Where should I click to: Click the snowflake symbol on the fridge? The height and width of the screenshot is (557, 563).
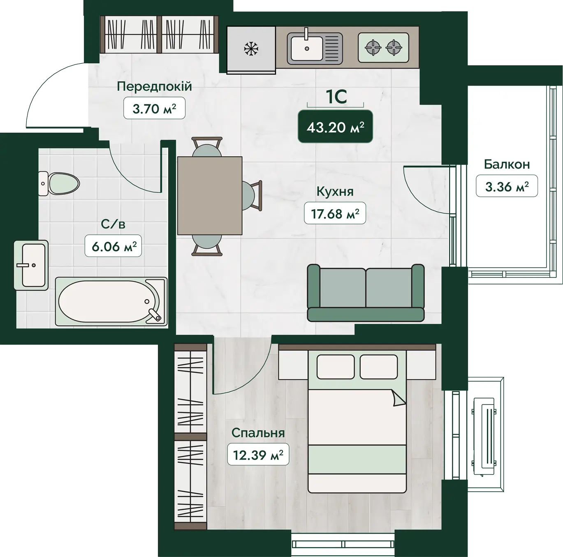click(x=251, y=49)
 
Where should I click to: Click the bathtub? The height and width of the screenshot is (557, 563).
click(x=111, y=301)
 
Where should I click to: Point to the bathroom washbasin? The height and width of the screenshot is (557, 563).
click(x=31, y=265)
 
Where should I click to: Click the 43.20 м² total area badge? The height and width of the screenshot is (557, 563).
click(x=335, y=127)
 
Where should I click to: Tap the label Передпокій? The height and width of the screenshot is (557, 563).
click(x=155, y=86)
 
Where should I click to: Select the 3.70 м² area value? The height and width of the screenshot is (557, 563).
click(x=154, y=109)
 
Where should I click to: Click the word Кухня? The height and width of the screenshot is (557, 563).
click(x=335, y=192)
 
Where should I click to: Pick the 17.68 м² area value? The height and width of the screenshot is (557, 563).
click(x=335, y=213)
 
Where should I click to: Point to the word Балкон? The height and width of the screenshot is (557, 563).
click(x=507, y=164)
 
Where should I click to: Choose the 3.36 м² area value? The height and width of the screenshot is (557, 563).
click(x=507, y=186)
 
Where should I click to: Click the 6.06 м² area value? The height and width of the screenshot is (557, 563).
click(x=114, y=246)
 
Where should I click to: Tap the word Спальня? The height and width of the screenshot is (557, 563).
click(x=258, y=433)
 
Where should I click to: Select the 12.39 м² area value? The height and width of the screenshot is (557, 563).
click(x=258, y=455)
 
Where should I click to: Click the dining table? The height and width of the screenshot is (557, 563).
click(x=210, y=196)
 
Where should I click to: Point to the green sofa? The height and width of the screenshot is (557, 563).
click(x=366, y=293)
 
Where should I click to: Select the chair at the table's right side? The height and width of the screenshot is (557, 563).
click(x=252, y=195)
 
